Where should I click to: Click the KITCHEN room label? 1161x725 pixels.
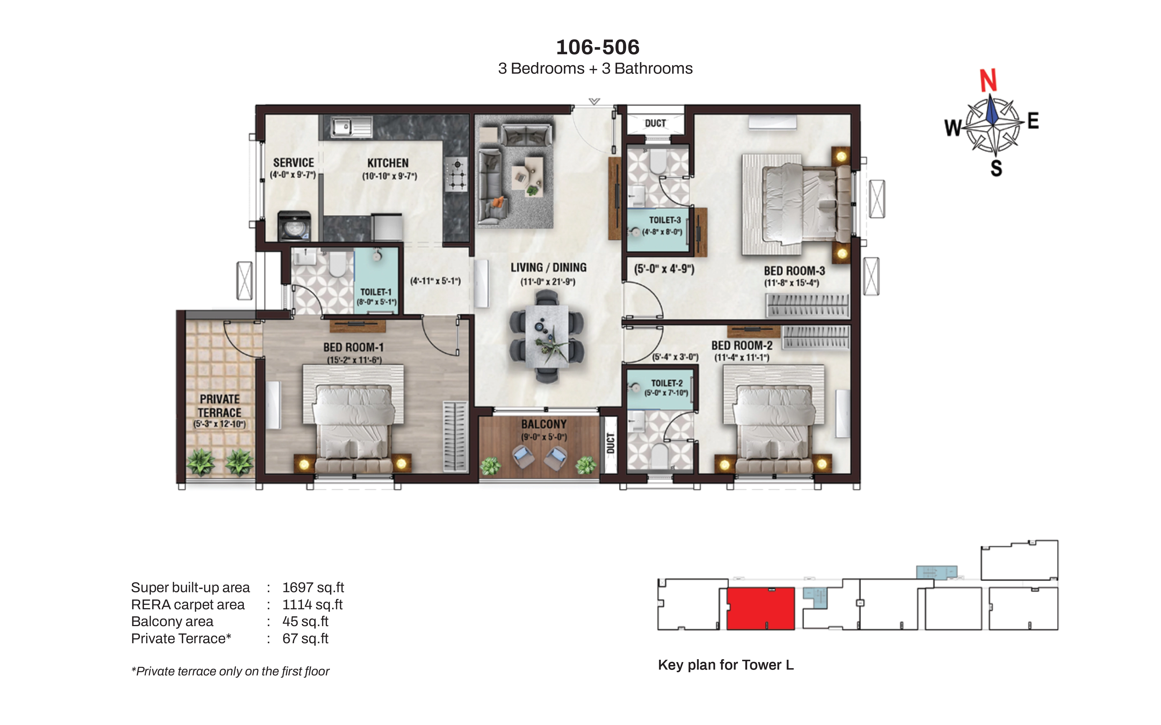(388, 163)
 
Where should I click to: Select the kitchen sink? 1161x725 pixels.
(351, 127)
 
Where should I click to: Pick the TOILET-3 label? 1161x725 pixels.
(665, 220)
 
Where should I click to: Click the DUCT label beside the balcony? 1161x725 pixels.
(610, 443)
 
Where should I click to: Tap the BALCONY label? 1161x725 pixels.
(544, 424)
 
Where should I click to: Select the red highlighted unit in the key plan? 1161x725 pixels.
(761, 608)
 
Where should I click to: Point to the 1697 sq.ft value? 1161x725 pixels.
(313, 587)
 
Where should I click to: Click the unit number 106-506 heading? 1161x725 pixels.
(598, 47)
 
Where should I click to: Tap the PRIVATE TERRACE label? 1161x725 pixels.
(220, 406)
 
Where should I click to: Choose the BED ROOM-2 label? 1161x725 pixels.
(742, 346)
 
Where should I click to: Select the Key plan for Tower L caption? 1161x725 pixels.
(726, 665)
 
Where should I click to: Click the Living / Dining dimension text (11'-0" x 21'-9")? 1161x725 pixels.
(548, 282)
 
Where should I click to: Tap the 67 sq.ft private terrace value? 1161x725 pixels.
(305, 639)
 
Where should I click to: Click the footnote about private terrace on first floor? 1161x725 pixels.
(230, 671)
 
